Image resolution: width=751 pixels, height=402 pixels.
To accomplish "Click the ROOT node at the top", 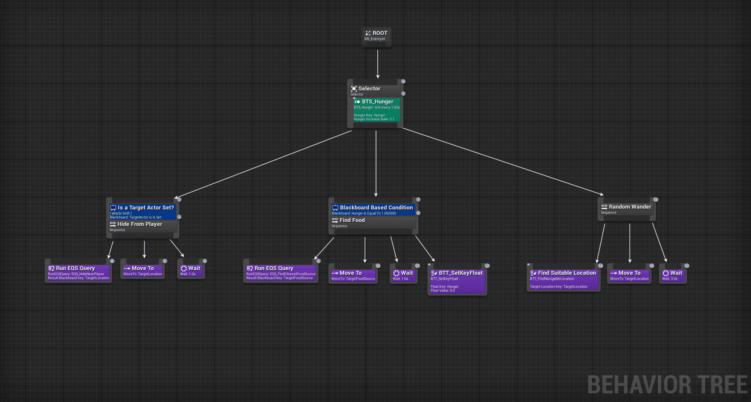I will (376, 35).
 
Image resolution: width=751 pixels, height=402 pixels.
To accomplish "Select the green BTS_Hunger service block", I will (376, 110).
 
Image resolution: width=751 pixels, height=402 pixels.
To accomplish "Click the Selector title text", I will (369, 89).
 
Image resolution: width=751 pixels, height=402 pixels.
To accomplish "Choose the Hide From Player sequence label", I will (139, 224).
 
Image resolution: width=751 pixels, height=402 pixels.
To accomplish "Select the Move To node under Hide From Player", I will (143, 271).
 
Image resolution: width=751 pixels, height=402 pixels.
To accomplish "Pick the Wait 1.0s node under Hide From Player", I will (190, 271).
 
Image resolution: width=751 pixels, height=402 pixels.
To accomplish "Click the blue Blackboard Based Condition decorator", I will (373, 209).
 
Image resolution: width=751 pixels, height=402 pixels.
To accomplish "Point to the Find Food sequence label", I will (352, 220).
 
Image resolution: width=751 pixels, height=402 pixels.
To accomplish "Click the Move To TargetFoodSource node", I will (353, 275).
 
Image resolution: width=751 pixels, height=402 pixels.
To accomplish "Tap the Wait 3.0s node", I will (672, 275).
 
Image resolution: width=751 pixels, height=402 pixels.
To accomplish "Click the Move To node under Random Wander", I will (629, 275).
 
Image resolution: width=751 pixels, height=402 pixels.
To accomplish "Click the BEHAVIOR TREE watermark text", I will (667, 385).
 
